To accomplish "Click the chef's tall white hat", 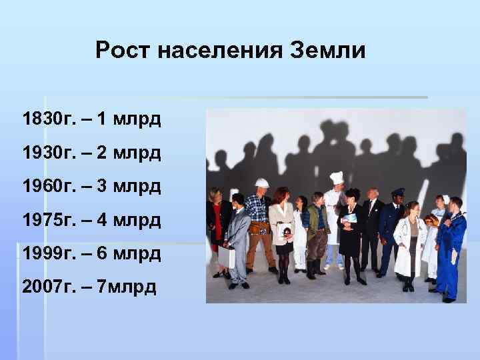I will point(337,177).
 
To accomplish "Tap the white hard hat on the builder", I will point(262,183).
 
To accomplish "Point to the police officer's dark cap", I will point(397,191).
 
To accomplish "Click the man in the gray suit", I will point(237,237).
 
